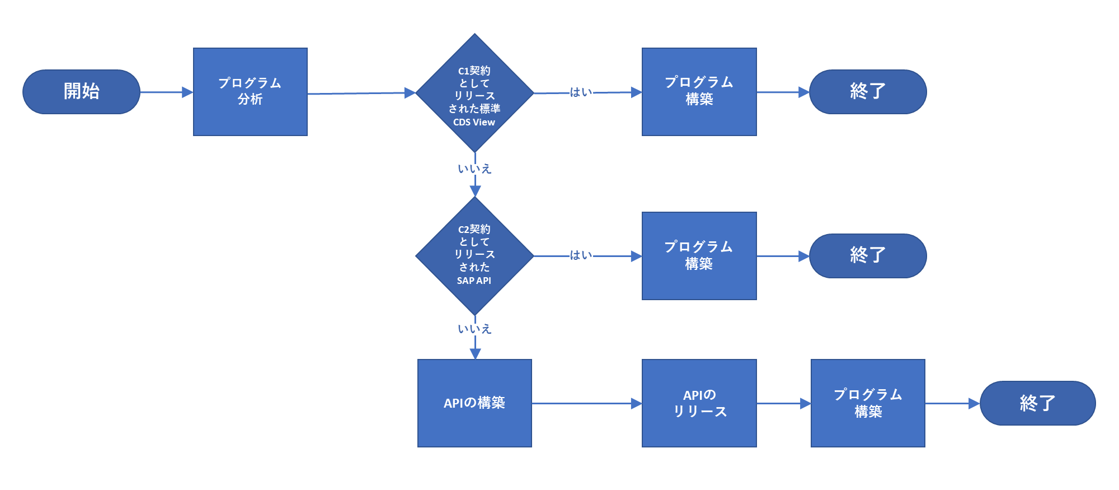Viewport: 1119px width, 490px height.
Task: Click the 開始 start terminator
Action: click(81, 92)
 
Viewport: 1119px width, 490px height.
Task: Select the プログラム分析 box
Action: click(250, 92)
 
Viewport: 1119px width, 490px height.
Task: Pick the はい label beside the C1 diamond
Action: click(581, 92)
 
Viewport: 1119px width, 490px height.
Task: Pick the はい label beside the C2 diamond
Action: click(581, 255)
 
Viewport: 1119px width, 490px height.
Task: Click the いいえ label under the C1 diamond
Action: click(474, 169)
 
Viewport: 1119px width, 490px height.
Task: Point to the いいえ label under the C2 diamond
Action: click(474, 329)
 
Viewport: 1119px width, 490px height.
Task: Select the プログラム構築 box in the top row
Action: click(699, 92)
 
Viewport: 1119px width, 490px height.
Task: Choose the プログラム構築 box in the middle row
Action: click(699, 256)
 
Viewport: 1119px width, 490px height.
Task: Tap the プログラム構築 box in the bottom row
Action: click(868, 403)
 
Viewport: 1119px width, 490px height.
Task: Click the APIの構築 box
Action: click(474, 403)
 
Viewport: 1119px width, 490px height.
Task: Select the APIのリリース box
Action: click(699, 403)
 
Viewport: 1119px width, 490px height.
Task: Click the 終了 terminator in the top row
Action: click(868, 92)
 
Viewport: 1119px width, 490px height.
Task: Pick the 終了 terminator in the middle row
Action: click(868, 256)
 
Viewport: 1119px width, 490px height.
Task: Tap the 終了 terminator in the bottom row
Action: click(1037, 403)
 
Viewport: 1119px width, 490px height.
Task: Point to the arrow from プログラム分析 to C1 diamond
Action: click(361, 94)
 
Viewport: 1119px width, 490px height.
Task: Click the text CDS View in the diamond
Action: click(474, 122)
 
